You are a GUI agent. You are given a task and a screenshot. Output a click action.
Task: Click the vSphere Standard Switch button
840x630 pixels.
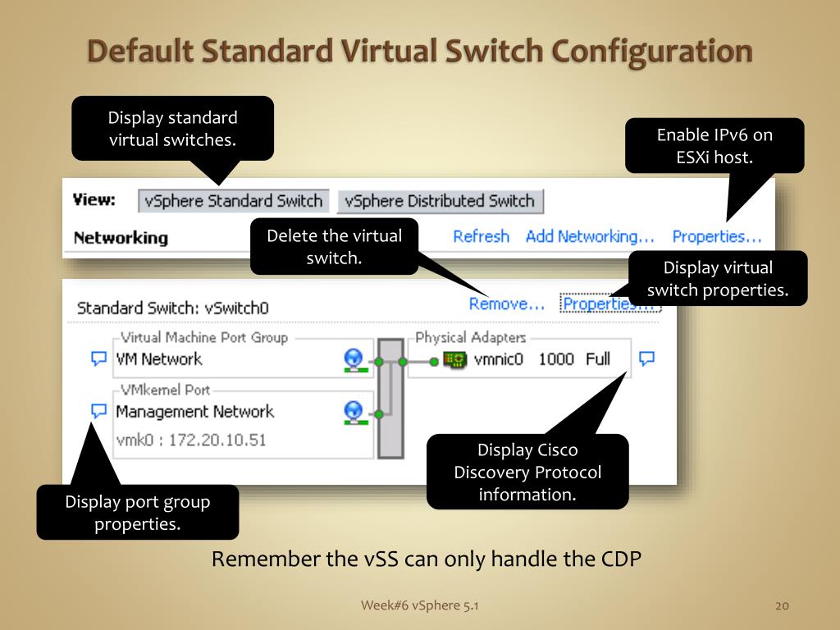pyautogui.click(x=233, y=201)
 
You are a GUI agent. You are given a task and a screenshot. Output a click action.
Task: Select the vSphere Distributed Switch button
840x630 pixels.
pyautogui.click(x=440, y=201)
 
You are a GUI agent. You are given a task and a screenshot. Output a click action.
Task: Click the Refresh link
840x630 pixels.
pyautogui.click(x=481, y=236)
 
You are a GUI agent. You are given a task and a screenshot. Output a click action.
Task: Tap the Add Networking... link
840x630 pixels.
pyautogui.click(x=590, y=236)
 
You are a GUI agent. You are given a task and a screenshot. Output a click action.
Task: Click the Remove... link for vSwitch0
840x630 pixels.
pyautogui.click(x=507, y=304)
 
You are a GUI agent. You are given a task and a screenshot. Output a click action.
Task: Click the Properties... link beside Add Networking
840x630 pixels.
pyautogui.click(x=717, y=236)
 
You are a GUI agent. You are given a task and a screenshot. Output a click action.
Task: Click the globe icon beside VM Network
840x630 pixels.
pyautogui.click(x=354, y=358)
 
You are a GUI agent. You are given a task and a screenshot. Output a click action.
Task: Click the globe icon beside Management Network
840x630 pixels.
pyautogui.click(x=354, y=411)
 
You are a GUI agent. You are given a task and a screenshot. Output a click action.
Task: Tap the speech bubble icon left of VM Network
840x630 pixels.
pyautogui.click(x=98, y=358)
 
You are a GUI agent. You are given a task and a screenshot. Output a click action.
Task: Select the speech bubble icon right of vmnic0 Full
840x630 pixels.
pyautogui.click(x=646, y=358)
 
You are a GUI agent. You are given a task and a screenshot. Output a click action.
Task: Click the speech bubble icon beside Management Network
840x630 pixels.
pyautogui.click(x=98, y=411)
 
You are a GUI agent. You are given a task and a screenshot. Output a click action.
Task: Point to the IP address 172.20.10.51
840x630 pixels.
pyautogui.click(x=217, y=441)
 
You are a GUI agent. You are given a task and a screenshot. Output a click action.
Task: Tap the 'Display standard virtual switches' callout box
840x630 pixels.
pyautogui.click(x=172, y=129)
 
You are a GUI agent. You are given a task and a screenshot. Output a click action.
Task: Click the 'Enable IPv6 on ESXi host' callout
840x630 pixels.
pyautogui.click(x=714, y=146)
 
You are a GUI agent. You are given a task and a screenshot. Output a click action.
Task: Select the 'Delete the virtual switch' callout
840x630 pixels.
pyautogui.click(x=334, y=247)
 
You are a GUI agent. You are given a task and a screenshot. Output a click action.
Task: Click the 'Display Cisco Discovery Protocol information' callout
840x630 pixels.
pyautogui.click(x=527, y=472)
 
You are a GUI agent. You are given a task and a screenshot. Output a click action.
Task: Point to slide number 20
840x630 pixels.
pyautogui.click(x=781, y=605)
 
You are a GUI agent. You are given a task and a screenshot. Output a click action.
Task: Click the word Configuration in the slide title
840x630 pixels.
pyautogui.click(x=651, y=51)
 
